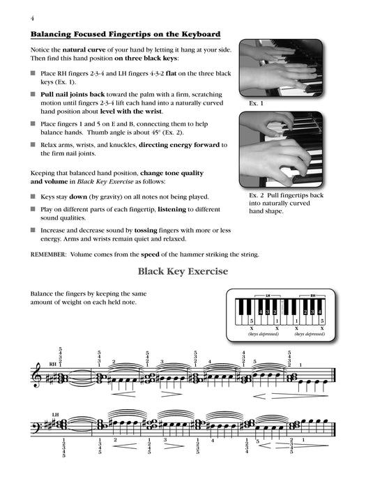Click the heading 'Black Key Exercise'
[183, 272]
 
